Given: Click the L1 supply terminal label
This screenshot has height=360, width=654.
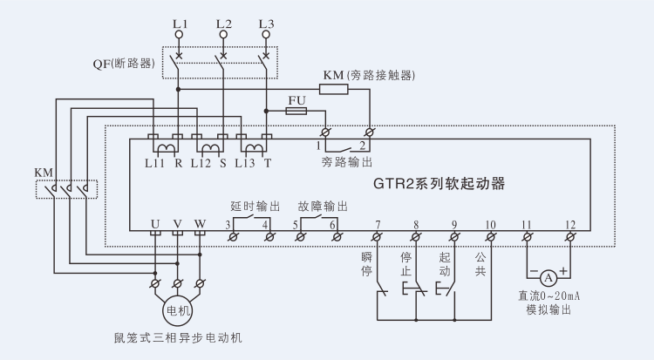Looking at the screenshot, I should [x=180, y=23].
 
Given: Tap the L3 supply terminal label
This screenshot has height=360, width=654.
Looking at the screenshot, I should [x=267, y=23].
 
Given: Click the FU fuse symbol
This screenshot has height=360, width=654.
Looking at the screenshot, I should [x=296, y=112].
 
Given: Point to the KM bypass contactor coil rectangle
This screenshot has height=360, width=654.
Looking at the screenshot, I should [x=334, y=88].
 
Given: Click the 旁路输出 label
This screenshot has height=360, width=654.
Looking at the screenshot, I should [x=347, y=162].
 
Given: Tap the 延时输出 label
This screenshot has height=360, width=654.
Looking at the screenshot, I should [x=255, y=207].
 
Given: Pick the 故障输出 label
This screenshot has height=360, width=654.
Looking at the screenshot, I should [x=324, y=207].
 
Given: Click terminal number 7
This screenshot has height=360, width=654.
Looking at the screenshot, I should [x=378, y=225].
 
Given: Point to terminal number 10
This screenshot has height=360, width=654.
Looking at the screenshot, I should [x=490, y=225].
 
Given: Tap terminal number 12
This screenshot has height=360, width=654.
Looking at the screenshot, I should [x=570, y=225].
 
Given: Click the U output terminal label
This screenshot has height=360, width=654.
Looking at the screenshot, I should [x=154, y=224].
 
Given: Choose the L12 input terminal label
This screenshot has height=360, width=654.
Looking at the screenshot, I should [x=202, y=162].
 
